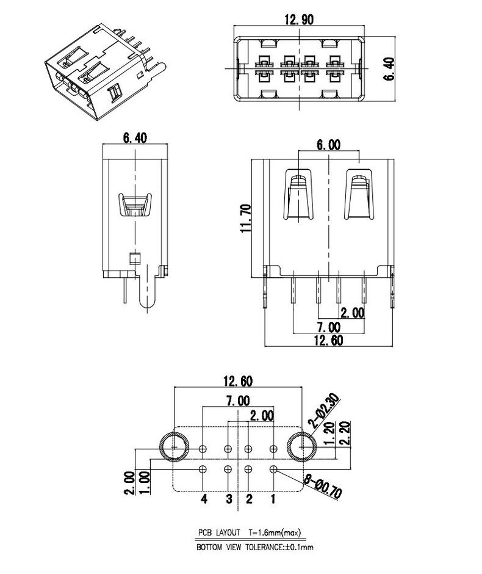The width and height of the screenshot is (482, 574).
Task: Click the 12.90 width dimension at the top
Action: [299, 20]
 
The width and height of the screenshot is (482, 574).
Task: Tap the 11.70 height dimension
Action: [246, 218]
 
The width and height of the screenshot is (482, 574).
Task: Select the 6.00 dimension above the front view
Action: [328, 145]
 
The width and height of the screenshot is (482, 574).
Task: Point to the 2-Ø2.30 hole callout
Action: [323, 411]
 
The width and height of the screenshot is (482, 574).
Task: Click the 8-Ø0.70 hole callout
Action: [323, 486]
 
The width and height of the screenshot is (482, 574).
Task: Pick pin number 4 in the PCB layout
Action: [204, 498]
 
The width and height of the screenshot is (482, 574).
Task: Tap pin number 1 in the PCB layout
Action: [273, 498]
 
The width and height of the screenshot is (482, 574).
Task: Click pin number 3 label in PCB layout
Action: [229, 498]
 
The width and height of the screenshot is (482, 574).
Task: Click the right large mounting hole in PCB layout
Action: [301, 446]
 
